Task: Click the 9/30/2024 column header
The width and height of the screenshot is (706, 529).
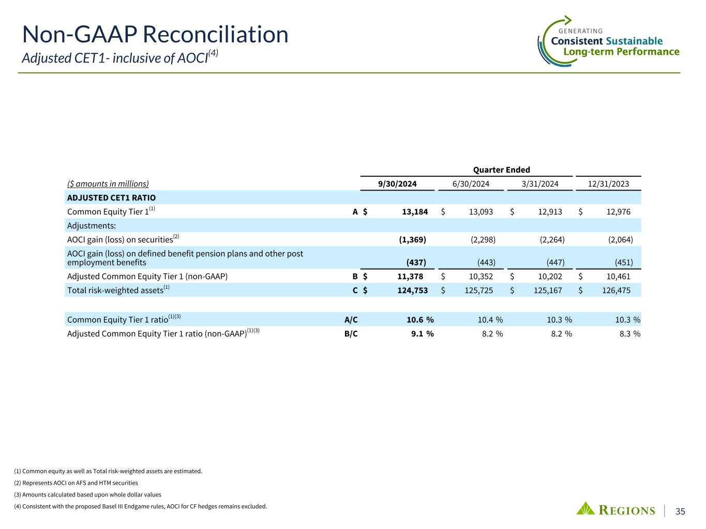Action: [x=397, y=184]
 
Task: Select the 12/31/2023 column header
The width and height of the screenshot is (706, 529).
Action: [x=608, y=184]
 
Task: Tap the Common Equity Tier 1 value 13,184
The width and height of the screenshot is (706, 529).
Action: [x=413, y=212]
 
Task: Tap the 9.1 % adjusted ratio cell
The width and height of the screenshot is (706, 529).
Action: [x=422, y=334]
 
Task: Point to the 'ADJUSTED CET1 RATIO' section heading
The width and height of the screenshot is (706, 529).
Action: [x=111, y=198]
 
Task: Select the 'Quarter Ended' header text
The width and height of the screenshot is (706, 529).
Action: [x=501, y=170]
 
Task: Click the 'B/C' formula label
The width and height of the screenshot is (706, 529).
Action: [x=351, y=334]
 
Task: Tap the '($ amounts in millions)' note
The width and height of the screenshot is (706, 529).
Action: [x=108, y=184]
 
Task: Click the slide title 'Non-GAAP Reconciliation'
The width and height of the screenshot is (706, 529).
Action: [x=155, y=35]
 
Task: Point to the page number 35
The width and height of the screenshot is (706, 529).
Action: [x=680, y=511]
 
